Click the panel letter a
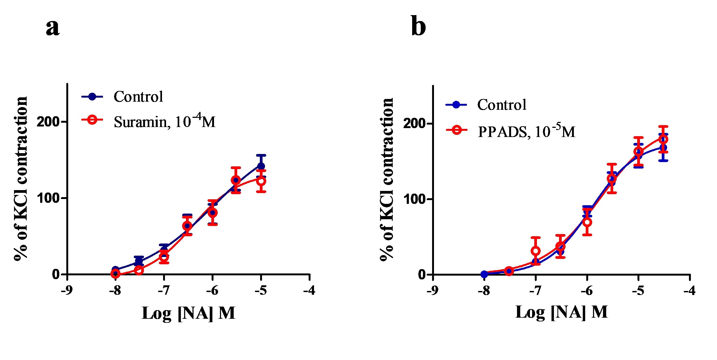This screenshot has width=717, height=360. point(53,28)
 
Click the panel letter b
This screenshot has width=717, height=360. point(418,28)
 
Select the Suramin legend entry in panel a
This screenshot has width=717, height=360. point(164,122)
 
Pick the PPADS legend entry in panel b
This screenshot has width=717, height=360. point(526,131)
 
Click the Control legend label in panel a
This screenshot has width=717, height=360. point(138,97)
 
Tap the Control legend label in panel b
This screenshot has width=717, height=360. point(502,105)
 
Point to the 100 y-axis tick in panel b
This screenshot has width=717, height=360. point(415,199)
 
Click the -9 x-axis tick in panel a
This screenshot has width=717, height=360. point(67,290)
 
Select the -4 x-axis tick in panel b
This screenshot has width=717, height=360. point(690,291)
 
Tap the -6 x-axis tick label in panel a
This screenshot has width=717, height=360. point(212,290)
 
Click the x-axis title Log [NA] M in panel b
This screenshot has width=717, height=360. point(561,312)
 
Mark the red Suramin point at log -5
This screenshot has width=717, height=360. point(261,181)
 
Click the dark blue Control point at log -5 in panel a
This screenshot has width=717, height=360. point(261,166)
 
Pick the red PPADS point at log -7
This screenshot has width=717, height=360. point(536,251)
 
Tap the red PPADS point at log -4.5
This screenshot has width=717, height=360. point(663,139)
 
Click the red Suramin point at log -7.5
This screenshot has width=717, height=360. point(139,270)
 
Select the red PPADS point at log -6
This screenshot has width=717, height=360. point(587,222)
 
